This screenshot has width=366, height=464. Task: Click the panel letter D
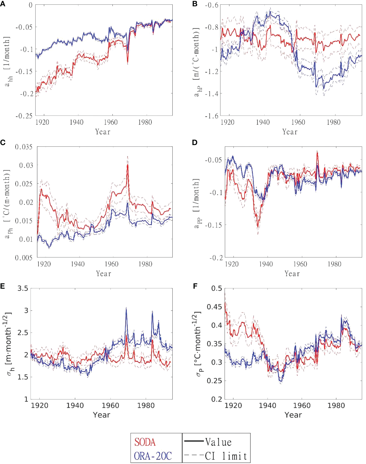coord(195,142)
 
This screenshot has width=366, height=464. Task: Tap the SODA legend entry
coord(145,442)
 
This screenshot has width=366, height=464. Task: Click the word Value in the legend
coord(218,442)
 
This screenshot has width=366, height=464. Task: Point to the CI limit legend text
coord(226,456)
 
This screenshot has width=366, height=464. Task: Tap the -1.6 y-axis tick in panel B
coord(211,116)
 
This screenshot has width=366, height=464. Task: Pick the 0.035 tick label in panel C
coord(24,147)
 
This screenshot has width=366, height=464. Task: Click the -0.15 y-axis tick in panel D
coord(213,225)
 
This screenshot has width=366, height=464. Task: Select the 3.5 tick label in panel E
coord(23,288)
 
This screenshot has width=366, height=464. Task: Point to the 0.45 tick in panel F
coord(214,307)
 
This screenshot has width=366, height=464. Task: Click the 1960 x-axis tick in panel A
coord(111,122)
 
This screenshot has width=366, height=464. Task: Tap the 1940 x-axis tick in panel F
coord(267,406)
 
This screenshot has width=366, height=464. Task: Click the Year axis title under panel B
coord(290,132)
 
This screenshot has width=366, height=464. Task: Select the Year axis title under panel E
coord(101,415)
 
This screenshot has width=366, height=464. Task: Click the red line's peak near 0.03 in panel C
coord(128,165)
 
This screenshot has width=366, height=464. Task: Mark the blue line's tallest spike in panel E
coord(126,308)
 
